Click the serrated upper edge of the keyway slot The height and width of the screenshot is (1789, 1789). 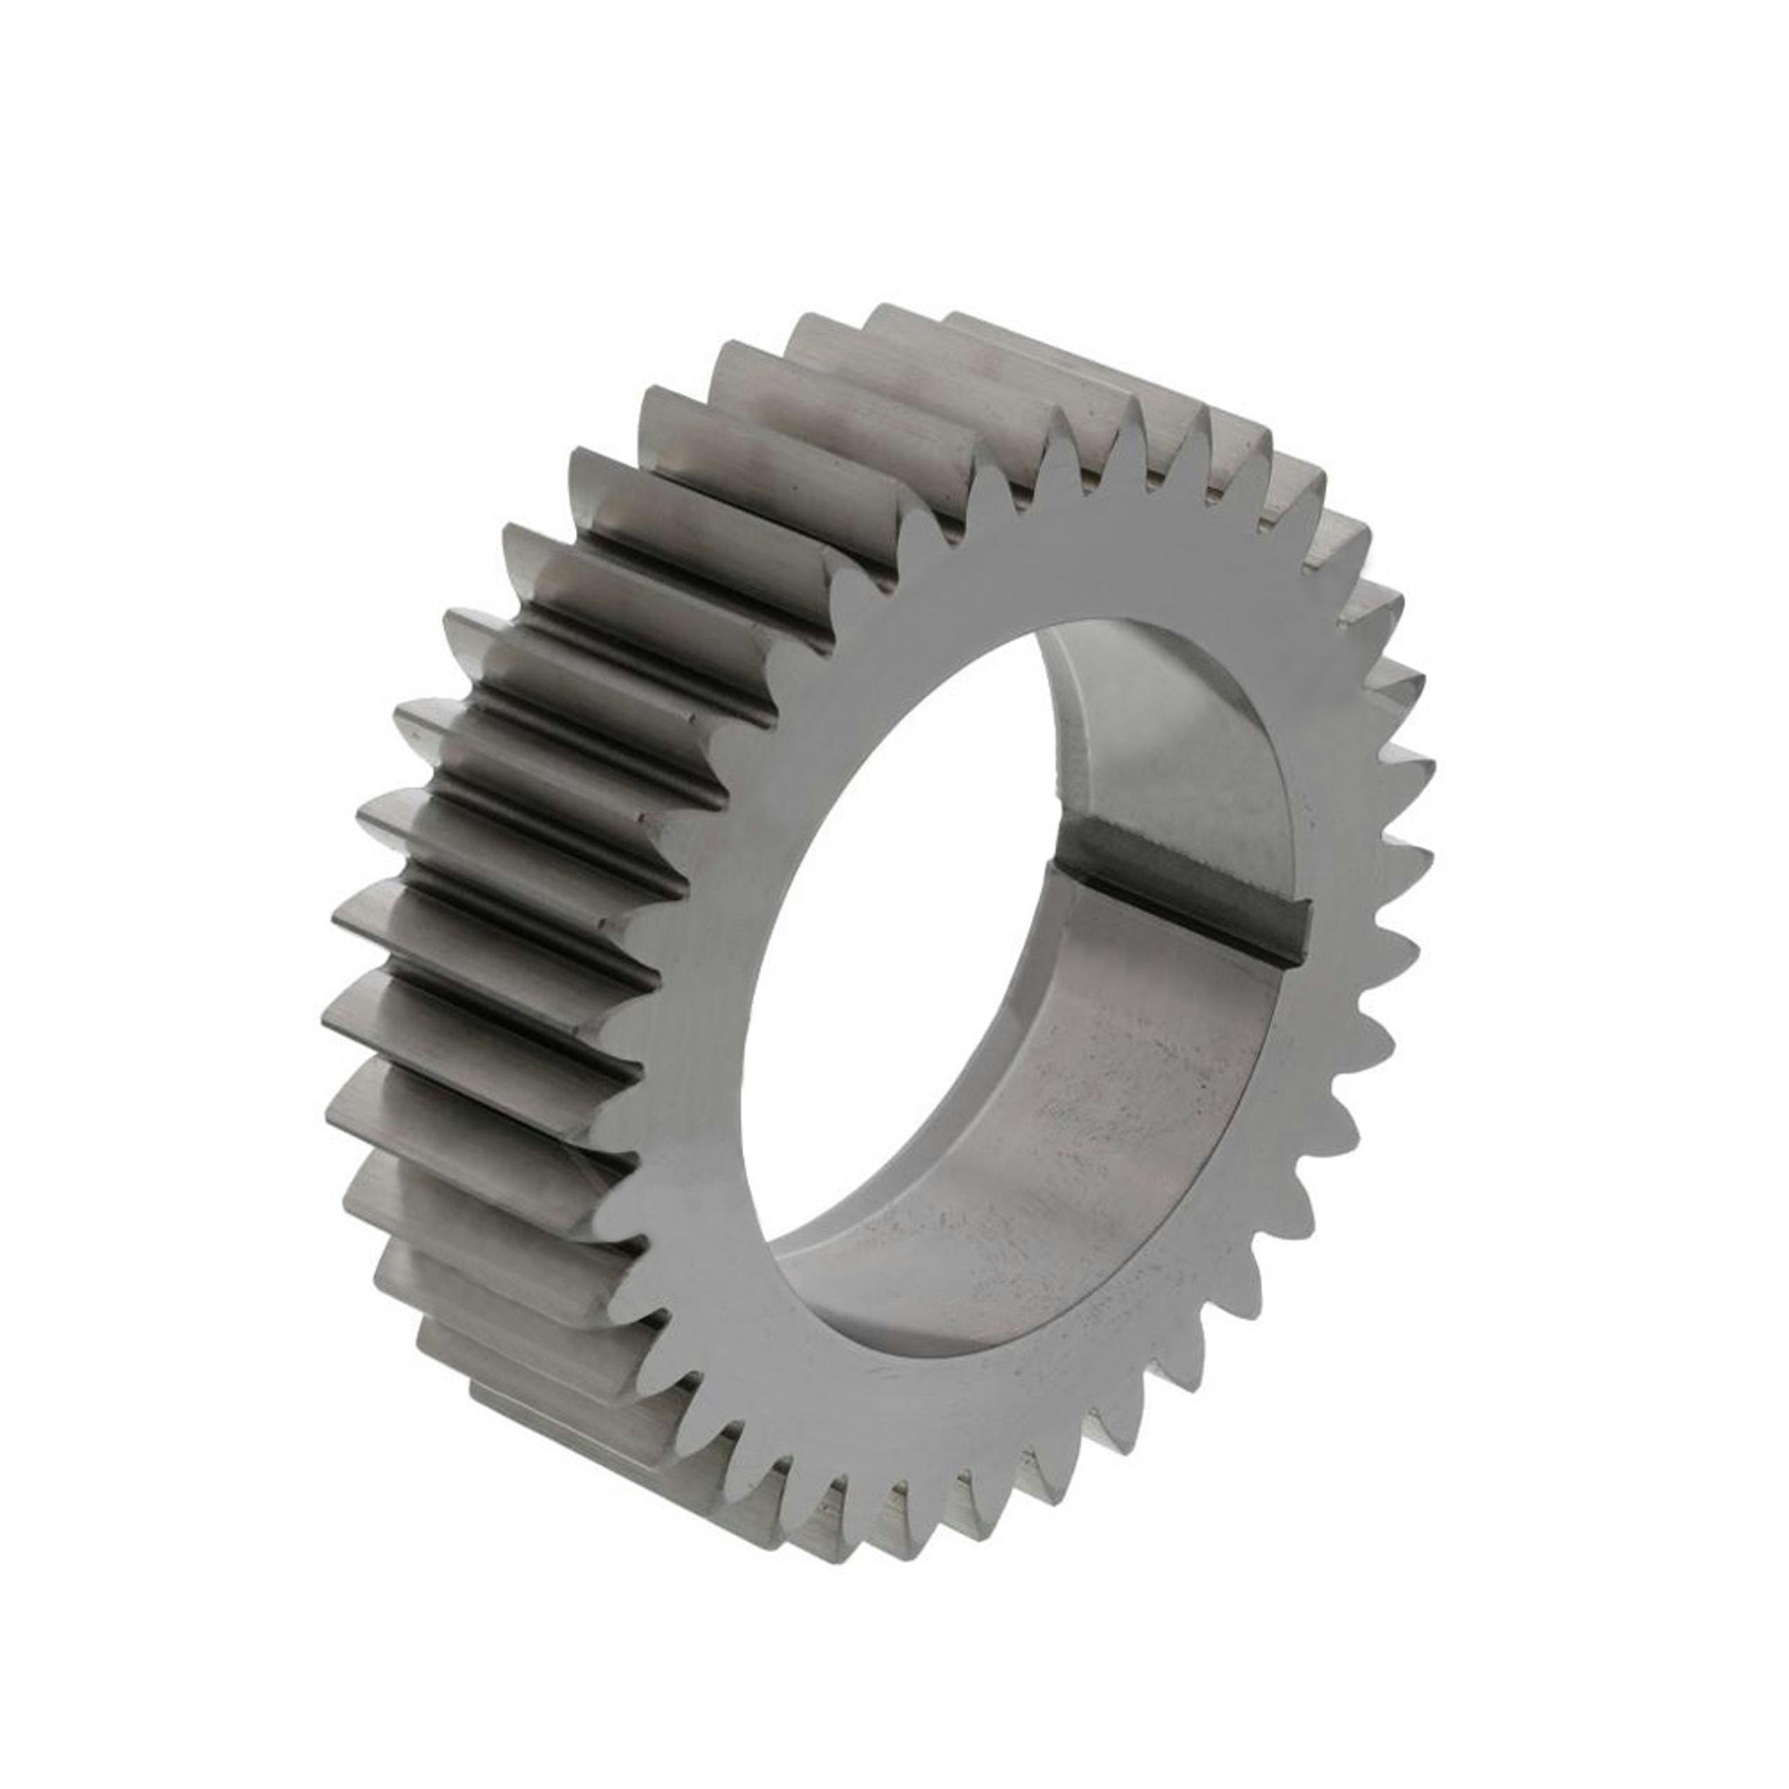1194,847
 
